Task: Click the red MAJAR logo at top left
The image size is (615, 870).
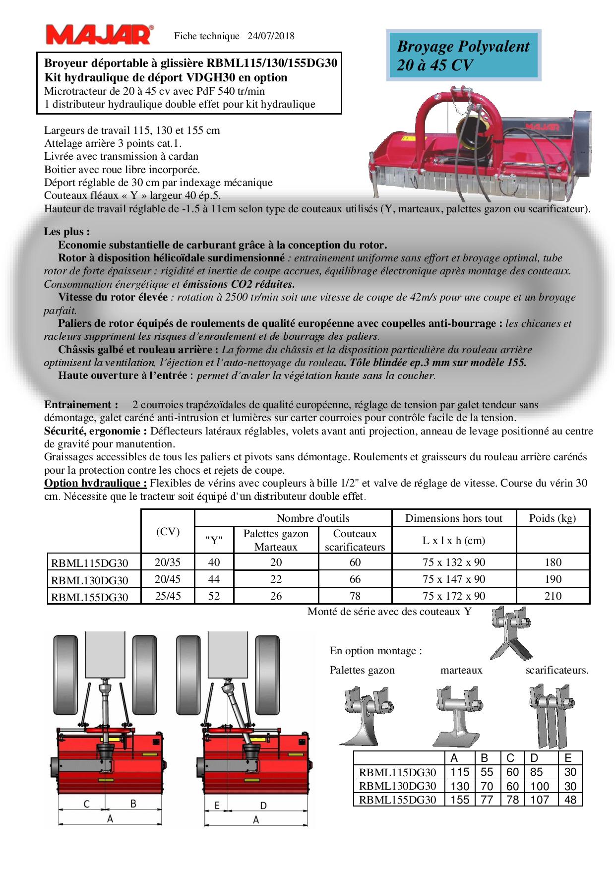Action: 99,35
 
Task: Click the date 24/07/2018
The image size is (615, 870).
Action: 271,36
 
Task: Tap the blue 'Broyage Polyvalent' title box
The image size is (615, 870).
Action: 463,55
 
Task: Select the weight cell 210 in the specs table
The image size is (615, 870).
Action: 553,596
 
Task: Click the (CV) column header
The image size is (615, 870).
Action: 168,531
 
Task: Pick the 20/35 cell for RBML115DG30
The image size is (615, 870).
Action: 168,562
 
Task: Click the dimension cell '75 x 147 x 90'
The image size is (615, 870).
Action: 454,579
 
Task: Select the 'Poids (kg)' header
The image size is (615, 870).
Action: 553,518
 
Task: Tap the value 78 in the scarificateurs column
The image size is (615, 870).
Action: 355,596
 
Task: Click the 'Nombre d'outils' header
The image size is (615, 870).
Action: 313,518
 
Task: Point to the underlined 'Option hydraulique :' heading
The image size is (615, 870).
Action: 95,483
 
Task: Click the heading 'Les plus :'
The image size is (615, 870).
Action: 67,232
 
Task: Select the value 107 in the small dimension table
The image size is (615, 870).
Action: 540,800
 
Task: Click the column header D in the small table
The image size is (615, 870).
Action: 534,758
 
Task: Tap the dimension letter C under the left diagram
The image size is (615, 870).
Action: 86,804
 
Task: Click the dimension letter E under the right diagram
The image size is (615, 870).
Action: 217,806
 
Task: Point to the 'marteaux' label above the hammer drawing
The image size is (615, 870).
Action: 461,670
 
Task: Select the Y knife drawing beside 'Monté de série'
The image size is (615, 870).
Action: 511,632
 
